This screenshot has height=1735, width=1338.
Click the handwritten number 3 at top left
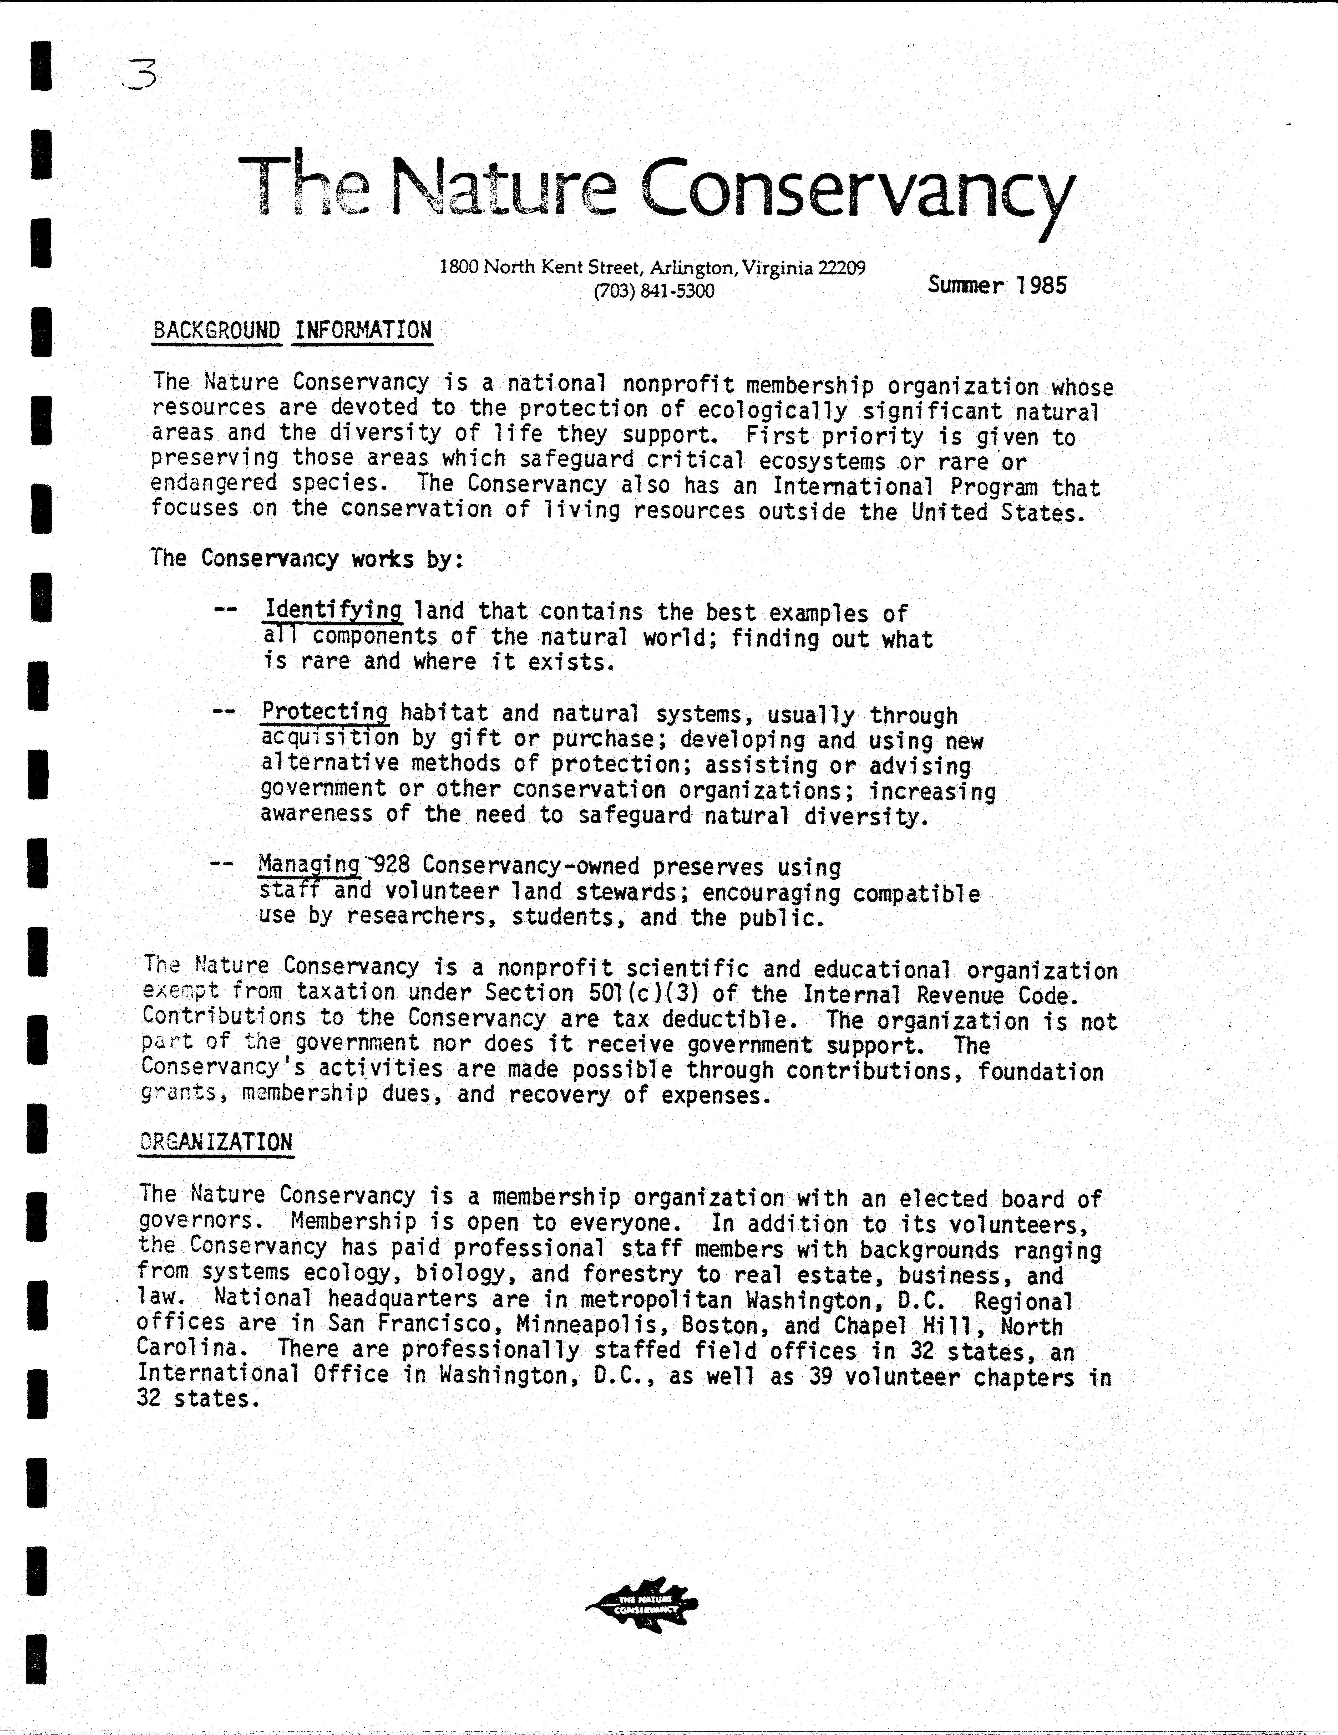click(141, 76)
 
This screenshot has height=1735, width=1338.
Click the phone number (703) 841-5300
click(654, 292)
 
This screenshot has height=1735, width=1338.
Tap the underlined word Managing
click(309, 864)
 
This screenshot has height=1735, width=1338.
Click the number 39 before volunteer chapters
click(820, 1377)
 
